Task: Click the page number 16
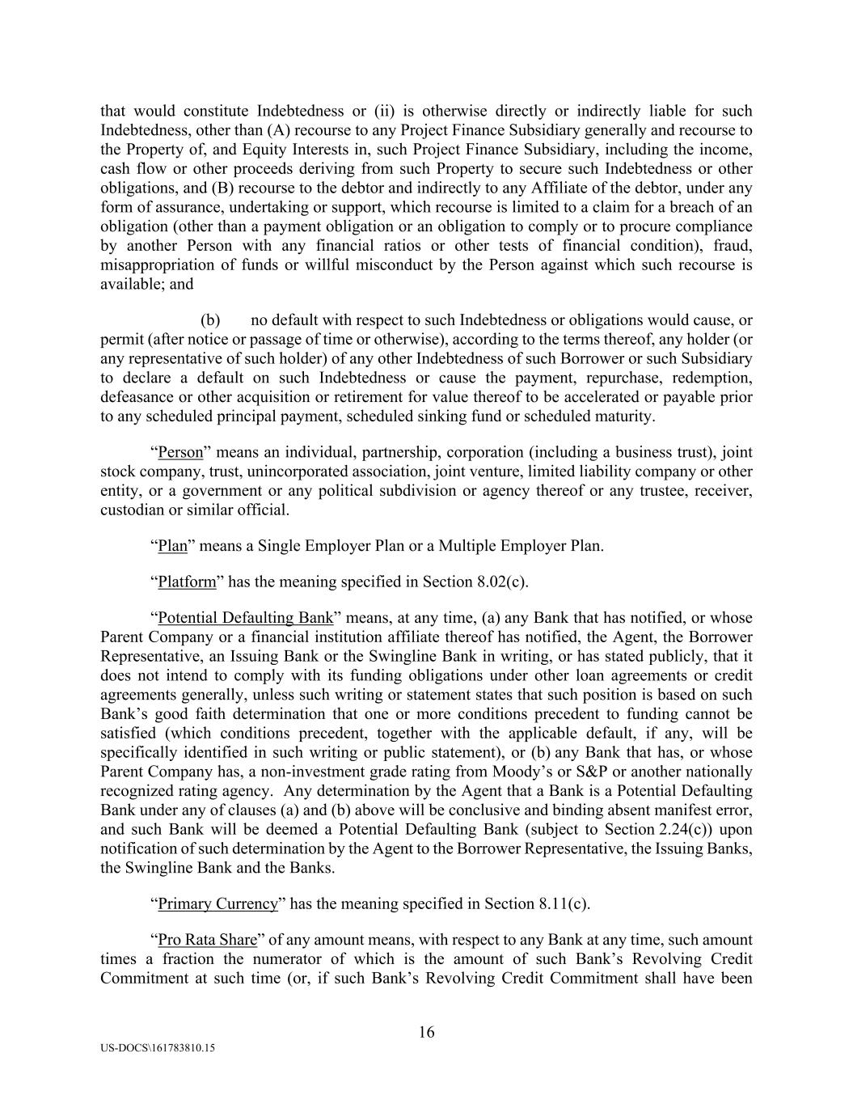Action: coord(426,1032)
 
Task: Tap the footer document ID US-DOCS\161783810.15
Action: coord(158,1047)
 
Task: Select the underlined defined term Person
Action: coord(180,452)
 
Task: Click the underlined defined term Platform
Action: coord(187,582)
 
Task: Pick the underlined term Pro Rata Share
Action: coord(207,940)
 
